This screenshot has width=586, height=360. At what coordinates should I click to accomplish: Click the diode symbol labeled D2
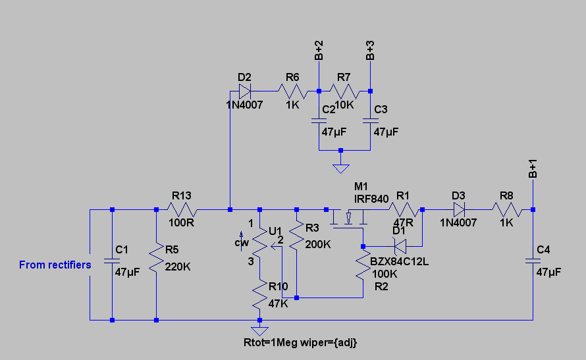coord(245,91)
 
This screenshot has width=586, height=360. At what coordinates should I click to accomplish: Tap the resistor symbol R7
coord(344,91)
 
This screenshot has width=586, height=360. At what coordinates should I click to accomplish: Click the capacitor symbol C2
coord(319,121)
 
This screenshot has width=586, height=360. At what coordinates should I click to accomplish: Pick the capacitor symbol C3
coord(371,121)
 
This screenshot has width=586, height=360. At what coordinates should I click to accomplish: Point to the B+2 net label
coord(319,51)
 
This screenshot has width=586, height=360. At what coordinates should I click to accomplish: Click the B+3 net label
coord(371,51)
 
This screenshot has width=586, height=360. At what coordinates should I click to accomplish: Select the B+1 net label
coord(533,169)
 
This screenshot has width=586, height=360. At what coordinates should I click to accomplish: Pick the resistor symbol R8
coord(508,210)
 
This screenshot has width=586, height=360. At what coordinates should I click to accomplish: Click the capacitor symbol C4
coord(533,261)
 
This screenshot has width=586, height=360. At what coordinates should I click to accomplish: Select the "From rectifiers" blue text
coord(55,265)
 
